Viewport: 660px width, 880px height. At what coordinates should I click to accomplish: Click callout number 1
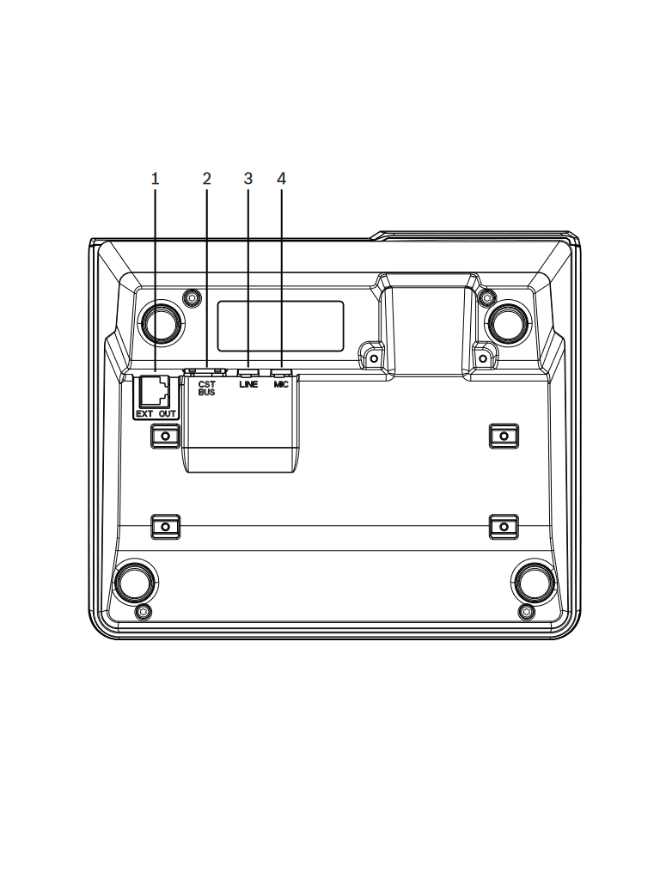[x=155, y=179]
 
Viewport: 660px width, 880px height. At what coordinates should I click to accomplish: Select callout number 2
[x=206, y=179]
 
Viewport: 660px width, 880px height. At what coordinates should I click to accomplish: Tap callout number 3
[x=248, y=179]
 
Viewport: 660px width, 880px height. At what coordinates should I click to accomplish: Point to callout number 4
[x=281, y=179]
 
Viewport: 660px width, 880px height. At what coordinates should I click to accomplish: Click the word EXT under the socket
[x=144, y=414]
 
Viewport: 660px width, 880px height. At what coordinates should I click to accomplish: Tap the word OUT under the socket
[x=167, y=414]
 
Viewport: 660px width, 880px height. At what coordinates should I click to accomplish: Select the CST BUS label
[x=206, y=388]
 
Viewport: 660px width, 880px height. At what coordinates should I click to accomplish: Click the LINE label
[x=248, y=384]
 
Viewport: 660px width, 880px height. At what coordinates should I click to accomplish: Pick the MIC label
[x=281, y=384]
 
